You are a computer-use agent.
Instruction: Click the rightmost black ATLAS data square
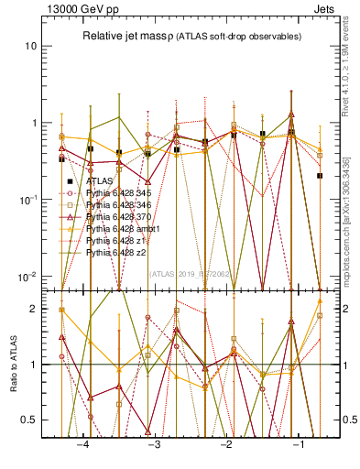coord(320,175)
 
